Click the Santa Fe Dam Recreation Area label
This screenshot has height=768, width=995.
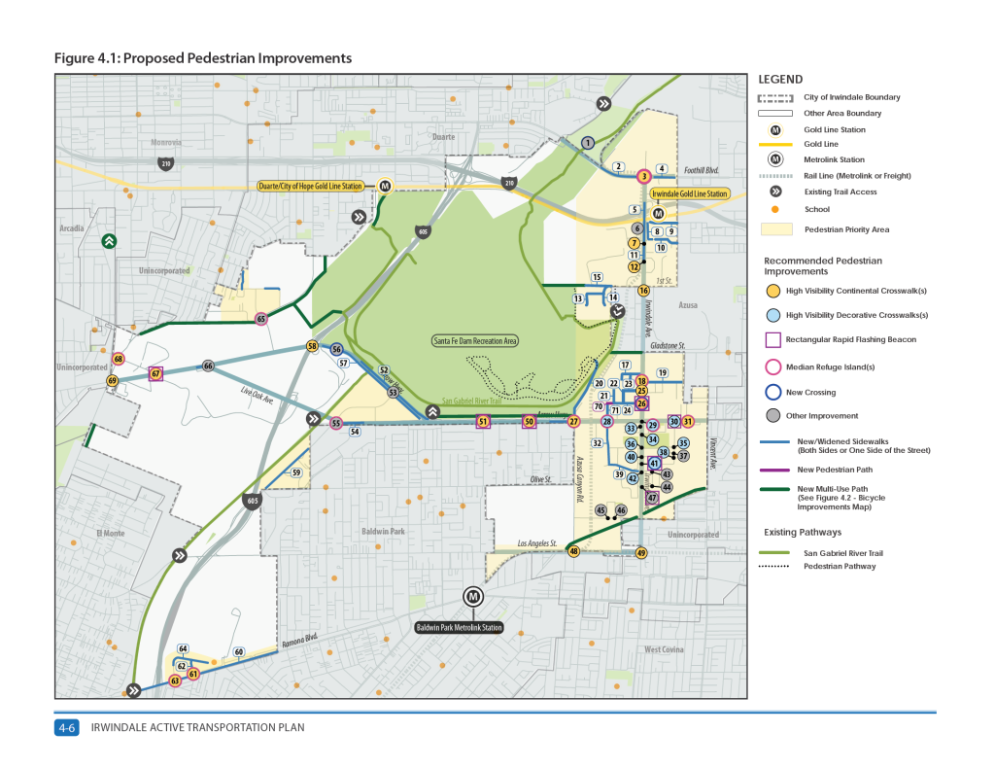coord(475,341)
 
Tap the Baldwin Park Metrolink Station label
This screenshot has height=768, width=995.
coord(460,628)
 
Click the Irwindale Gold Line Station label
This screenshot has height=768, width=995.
coord(689,194)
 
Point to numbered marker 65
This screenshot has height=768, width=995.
coord(261,319)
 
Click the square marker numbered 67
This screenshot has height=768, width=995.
coord(155,373)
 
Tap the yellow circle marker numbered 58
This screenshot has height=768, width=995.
coord(313,346)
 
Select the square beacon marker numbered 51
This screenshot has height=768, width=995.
coord(482,421)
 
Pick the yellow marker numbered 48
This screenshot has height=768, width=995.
coord(573,551)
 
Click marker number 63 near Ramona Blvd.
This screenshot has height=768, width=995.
coord(175,681)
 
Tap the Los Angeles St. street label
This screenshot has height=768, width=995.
coord(536,543)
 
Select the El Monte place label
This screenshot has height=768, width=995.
coord(113,533)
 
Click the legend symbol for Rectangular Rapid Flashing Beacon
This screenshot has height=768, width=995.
coord(773,339)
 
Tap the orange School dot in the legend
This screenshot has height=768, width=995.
coord(774,209)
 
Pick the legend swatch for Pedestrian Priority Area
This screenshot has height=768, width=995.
coord(774,229)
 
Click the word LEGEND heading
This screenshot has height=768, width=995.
coord(779,79)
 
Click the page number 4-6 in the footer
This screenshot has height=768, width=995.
coord(67,727)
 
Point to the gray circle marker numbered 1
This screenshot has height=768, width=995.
coord(587,143)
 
